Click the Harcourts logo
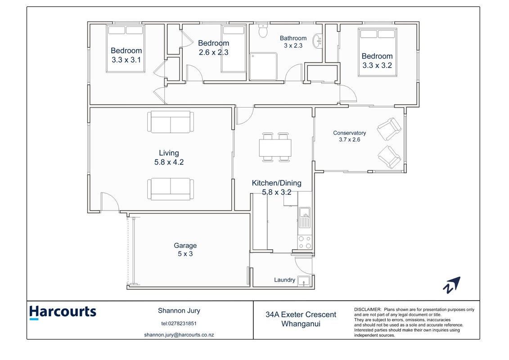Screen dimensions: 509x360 point(63,312)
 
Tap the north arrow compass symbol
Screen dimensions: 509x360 point(452,285)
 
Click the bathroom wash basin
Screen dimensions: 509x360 point(317,41)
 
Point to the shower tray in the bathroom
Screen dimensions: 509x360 point(263,67)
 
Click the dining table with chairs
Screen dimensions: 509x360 point(275,148)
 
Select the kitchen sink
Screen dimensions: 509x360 point(305,217)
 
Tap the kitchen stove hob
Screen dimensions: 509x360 point(305,242)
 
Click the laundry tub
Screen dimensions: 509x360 point(304,281)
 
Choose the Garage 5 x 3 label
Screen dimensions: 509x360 point(185,250)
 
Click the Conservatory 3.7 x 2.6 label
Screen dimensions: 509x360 point(349,136)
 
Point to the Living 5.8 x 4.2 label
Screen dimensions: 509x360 point(169,157)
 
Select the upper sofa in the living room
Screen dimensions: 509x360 point(171,122)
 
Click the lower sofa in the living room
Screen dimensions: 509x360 point(171,189)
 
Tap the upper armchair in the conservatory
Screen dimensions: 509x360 point(389,129)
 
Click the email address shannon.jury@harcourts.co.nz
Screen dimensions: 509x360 point(179,335)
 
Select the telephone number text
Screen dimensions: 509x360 point(179,323)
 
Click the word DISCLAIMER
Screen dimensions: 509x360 point(368,310)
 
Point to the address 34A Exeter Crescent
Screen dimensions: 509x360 point(301,315)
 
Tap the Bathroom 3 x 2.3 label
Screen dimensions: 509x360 point(293,42)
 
